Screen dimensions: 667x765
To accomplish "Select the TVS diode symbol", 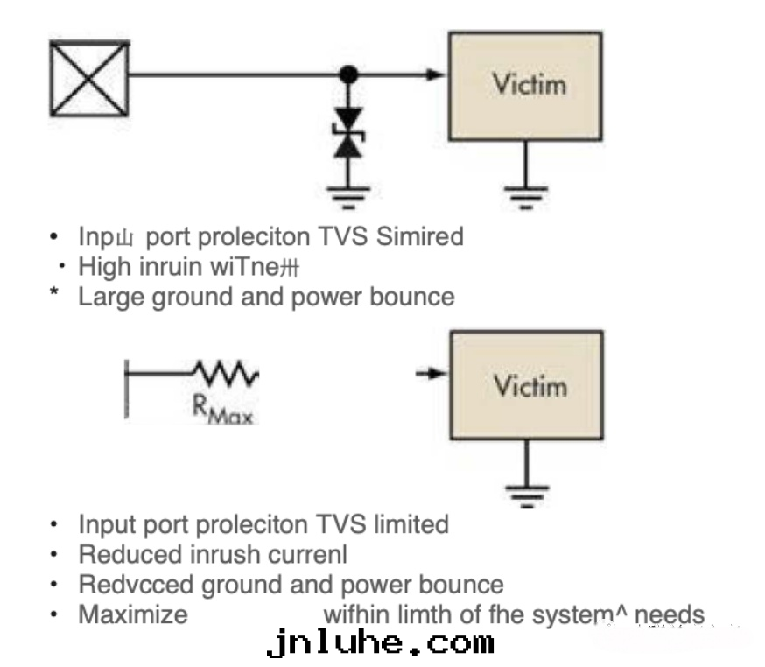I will (350, 133).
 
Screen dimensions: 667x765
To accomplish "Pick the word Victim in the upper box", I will (529, 85).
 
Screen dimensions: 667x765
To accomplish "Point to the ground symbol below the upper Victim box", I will (524, 193).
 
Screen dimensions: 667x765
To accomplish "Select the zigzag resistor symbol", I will (226, 374).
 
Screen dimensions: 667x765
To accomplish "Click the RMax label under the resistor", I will (222, 411).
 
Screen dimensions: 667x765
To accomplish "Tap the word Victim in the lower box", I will (529, 386).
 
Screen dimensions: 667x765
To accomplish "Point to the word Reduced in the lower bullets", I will (130, 554).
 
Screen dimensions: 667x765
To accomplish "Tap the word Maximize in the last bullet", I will (133, 614).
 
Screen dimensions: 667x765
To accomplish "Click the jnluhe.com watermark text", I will (380, 644).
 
